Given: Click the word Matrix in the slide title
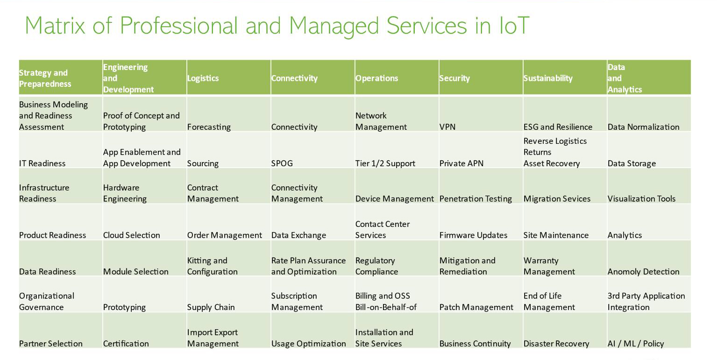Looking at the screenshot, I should (x=55, y=25).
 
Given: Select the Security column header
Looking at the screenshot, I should (x=454, y=78).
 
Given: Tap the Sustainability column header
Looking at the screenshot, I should (x=548, y=78).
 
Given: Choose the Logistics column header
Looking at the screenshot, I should (x=203, y=78).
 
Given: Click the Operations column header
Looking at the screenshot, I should (x=376, y=78).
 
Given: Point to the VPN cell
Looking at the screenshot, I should (x=447, y=127).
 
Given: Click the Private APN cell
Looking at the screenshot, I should (x=461, y=163).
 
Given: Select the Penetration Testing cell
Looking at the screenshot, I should (x=476, y=199).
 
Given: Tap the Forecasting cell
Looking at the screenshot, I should (x=209, y=127).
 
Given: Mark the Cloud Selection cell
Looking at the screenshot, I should (x=131, y=235).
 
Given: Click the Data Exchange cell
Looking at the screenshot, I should (x=298, y=235).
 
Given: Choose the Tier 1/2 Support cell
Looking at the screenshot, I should (x=385, y=163).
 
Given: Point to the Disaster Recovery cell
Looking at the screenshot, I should (x=556, y=344).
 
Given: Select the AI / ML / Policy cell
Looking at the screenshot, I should (x=635, y=344).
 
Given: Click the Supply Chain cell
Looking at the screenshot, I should (x=211, y=307).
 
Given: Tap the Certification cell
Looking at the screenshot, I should (x=126, y=344).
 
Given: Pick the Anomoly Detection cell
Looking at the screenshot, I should (x=643, y=272).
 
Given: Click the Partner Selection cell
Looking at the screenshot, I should (x=50, y=344).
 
